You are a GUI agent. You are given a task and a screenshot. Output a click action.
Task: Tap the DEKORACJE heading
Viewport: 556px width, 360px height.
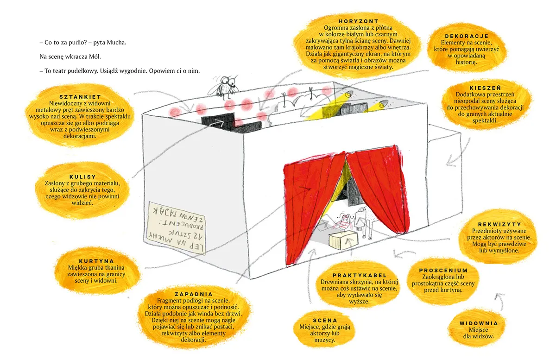pos(467,36)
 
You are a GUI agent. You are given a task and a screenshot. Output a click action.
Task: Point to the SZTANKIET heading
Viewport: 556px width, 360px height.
pos(80,97)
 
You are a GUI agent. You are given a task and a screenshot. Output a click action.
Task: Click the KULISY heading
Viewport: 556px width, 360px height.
pos(82,177)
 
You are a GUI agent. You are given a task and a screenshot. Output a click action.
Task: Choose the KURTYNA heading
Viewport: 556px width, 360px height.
pos(96,261)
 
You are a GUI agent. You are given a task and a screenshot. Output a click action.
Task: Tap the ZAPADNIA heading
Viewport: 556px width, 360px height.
pos(194,294)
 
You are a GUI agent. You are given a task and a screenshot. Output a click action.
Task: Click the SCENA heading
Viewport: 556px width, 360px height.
pos(325,320)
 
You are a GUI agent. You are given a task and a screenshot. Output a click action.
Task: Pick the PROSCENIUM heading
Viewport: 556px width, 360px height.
pos(443,270)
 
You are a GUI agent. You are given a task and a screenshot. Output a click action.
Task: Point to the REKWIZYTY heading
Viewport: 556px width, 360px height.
pos(499,224)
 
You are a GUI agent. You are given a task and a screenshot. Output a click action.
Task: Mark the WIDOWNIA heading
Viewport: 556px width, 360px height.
pos(479,323)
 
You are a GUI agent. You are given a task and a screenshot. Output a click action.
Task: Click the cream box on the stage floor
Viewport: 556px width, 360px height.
pos(344,240)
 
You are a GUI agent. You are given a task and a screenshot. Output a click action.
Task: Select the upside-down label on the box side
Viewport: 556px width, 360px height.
pos(177,228)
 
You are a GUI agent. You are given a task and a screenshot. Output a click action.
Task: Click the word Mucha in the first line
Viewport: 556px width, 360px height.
pos(116,43)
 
